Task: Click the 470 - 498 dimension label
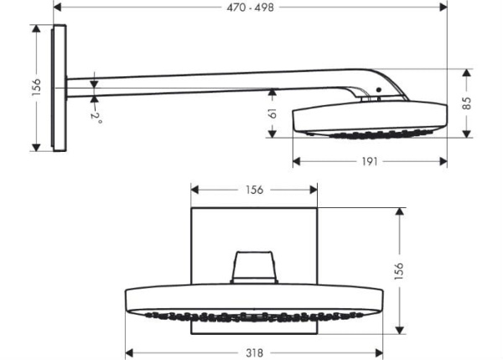pyautogui.click(x=251, y=8)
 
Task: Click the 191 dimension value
pyautogui.click(x=369, y=161)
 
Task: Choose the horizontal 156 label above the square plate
pyautogui.click(x=254, y=190)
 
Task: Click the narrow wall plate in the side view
pyautogui.click(x=59, y=88)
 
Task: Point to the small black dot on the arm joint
pyautogui.click(x=379, y=89)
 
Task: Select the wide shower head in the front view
pyautogui.click(x=254, y=300)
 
